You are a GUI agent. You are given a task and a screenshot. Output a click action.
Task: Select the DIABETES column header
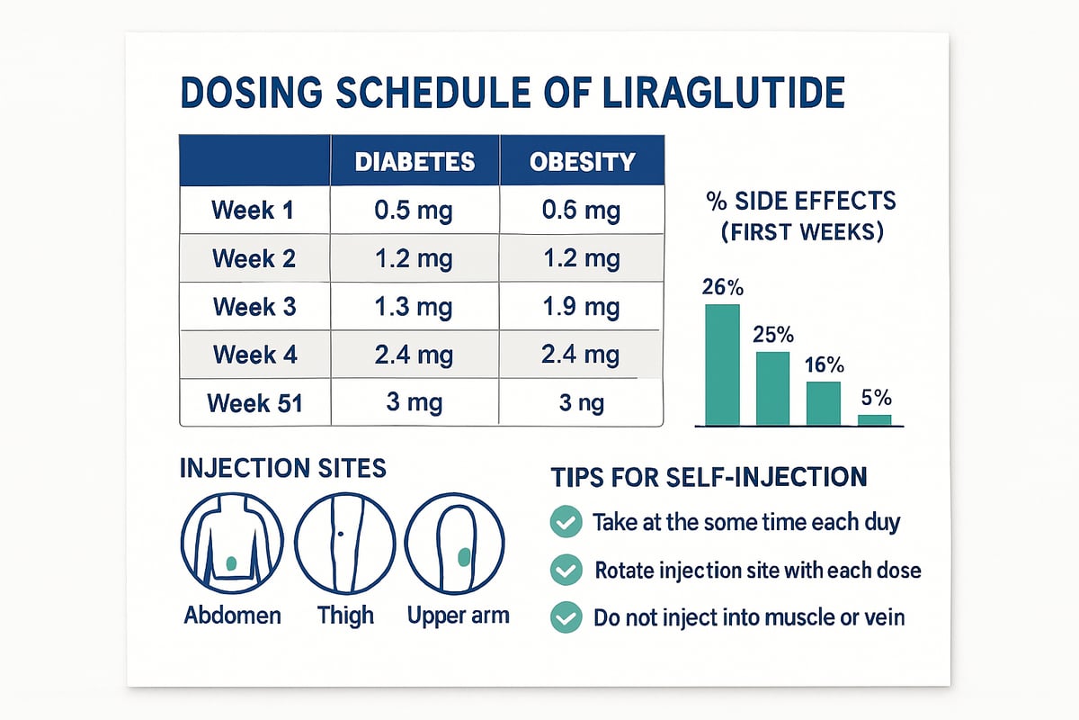click(415, 162)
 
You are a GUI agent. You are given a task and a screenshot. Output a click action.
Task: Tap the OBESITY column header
click(582, 162)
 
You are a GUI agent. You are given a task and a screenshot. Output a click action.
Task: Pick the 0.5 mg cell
click(414, 211)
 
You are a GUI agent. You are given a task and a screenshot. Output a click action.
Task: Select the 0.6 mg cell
click(582, 211)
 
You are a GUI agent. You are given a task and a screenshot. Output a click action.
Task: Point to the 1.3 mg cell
click(414, 306)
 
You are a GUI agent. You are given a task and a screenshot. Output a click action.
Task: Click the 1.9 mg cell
click(582, 306)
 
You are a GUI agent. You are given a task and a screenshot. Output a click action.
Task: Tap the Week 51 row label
click(254, 402)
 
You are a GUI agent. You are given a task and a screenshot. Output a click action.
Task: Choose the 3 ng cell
click(582, 402)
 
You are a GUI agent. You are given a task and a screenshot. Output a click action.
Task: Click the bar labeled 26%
click(722, 364)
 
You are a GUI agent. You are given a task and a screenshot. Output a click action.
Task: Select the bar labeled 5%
click(874, 419)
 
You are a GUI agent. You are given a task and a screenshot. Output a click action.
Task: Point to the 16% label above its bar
click(825, 365)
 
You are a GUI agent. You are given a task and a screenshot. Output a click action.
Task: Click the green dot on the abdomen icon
click(232, 564)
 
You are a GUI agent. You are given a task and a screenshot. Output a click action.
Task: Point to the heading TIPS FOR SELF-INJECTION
click(707, 477)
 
